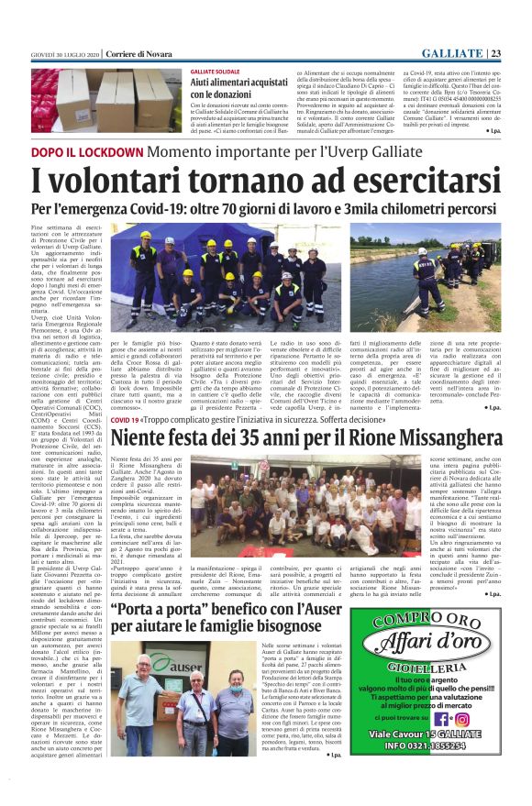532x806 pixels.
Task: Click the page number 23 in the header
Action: pyautogui.click(x=518, y=52)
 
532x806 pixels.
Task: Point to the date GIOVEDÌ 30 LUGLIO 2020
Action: pyautogui.click(x=64, y=53)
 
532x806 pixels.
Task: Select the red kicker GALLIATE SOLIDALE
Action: pyautogui.click(x=215, y=71)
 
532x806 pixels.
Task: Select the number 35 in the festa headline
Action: pyautogui.click(x=253, y=437)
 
